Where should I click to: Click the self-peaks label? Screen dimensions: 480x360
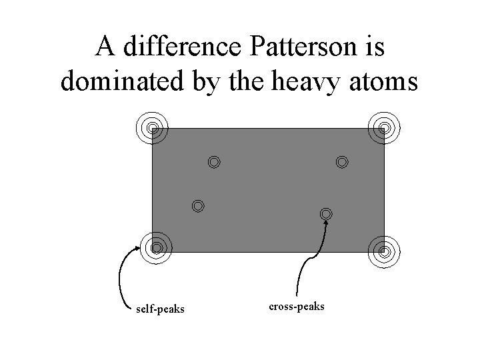(x=160, y=309)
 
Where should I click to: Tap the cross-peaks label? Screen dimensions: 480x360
(x=297, y=307)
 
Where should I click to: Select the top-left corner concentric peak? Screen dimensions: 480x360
(x=153, y=127)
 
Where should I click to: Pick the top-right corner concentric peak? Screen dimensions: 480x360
(x=384, y=127)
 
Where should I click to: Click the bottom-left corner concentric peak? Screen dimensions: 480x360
(x=156, y=247)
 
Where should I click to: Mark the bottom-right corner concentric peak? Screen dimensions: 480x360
(x=385, y=251)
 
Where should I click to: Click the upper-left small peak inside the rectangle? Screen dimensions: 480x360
(x=213, y=161)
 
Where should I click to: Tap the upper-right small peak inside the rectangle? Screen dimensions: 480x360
(x=342, y=161)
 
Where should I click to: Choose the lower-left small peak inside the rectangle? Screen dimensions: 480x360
(x=197, y=205)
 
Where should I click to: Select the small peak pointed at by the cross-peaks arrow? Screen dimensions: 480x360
(x=326, y=214)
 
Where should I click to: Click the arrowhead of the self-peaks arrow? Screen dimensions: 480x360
(x=140, y=247)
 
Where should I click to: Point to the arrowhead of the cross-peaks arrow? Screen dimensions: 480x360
(x=327, y=223)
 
